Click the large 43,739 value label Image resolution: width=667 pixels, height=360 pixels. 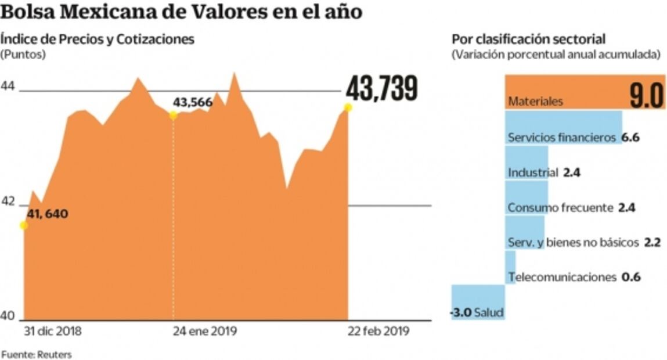382,89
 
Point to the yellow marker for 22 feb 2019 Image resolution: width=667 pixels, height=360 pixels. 348,107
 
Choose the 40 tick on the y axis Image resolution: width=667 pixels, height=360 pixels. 8,317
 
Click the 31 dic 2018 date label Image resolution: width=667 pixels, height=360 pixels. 52,332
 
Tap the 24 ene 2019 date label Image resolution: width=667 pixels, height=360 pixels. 205,332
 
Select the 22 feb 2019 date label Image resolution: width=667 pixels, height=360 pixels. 378,332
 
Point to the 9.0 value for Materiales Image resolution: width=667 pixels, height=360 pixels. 647,96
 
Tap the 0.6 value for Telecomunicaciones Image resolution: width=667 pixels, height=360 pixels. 631,278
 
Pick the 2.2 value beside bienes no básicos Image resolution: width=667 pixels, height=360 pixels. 652,243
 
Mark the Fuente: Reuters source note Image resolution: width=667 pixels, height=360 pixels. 36,354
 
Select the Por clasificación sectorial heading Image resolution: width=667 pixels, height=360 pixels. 529,39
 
